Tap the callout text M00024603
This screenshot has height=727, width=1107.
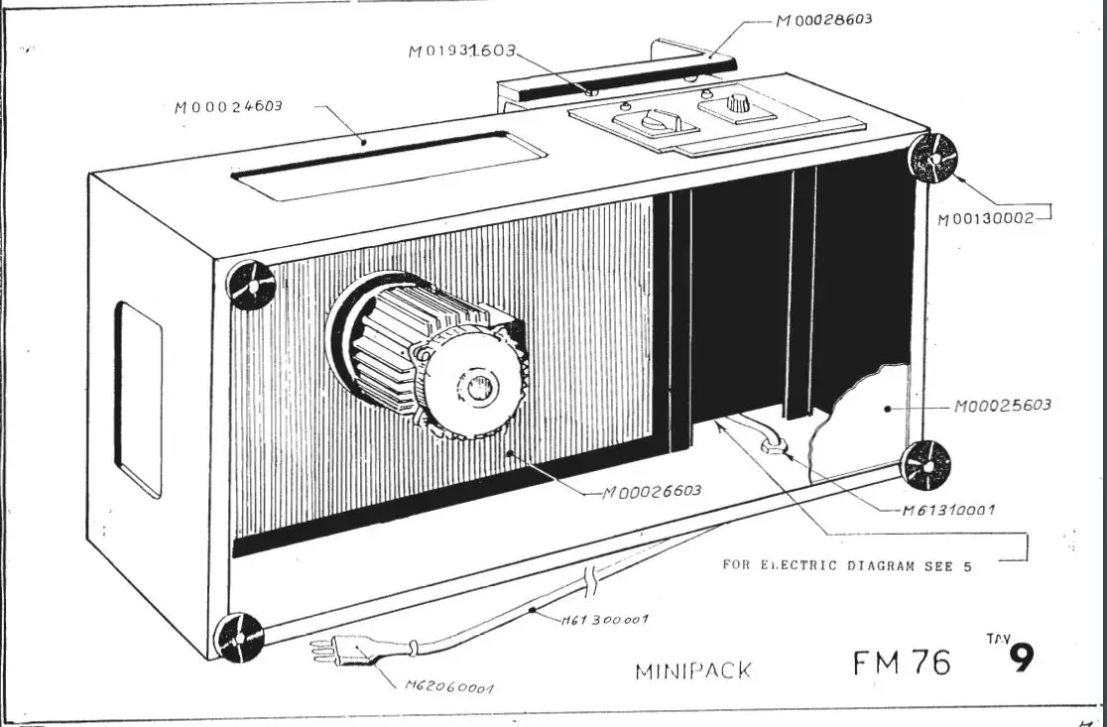(227, 105)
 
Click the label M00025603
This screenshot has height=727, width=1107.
(1002, 406)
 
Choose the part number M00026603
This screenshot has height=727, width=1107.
(652, 491)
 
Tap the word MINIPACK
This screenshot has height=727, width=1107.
(692, 671)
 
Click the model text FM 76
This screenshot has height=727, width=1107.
(901, 662)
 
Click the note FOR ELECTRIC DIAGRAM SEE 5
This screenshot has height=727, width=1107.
(846, 565)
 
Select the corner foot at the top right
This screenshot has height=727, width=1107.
(933, 158)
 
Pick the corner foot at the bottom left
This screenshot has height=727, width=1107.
(239, 636)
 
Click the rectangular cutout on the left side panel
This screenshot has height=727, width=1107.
(138, 399)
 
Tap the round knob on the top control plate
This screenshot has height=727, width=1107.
(738, 102)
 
